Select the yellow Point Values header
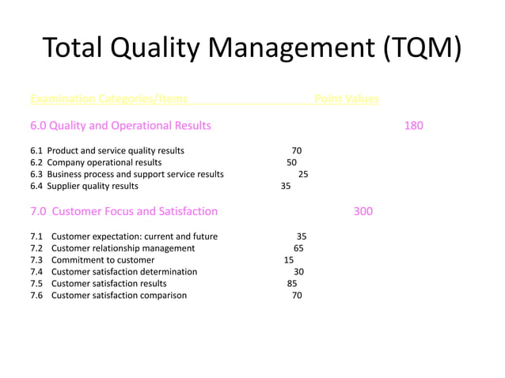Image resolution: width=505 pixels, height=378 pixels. pyautogui.click(x=347, y=99)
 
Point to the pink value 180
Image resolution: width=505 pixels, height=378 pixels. pyautogui.click(x=413, y=125)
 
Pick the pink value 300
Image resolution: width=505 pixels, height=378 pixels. pyautogui.click(x=363, y=211)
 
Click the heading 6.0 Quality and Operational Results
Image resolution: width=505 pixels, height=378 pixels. pyautogui.click(x=120, y=125)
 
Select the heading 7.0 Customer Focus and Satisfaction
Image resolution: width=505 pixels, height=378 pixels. pyautogui.click(x=123, y=211)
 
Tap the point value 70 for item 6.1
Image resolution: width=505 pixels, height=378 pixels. pyautogui.click(x=297, y=150)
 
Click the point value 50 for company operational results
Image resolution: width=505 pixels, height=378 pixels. pyautogui.click(x=291, y=162)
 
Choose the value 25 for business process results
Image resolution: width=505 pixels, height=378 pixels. pyautogui.click(x=303, y=174)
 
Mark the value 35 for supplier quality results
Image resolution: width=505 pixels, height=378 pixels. pyautogui.click(x=286, y=186)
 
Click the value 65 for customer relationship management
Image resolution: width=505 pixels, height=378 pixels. pyautogui.click(x=298, y=248)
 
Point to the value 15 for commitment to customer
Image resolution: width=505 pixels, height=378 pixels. pyautogui.click(x=288, y=259)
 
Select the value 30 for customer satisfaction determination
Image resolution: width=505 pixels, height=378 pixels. pyautogui.click(x=299, y=271)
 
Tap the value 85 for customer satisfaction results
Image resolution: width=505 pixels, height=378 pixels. pyautogui.click(x=292, y=283)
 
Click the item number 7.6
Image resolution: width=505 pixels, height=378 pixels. pyautogui.click(x=36, y=295)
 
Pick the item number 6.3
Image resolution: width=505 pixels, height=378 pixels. pyautogui.click(x=36, y=174)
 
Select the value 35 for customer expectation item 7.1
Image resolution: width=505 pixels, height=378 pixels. pyautogui.click(x=302, y=236)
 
